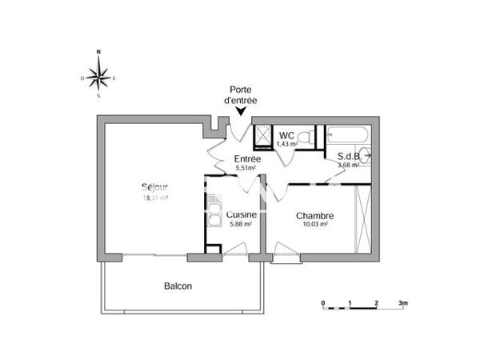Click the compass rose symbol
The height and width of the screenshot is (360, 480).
98,77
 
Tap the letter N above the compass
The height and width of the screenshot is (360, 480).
98,53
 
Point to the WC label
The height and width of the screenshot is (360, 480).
286,134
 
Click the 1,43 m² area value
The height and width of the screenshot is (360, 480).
286,144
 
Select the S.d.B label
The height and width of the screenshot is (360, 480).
347,156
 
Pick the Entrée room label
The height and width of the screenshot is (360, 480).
246,159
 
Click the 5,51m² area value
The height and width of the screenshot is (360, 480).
246,169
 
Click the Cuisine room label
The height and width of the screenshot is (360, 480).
241,214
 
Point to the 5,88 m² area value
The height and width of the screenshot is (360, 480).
240,225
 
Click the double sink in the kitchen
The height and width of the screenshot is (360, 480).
214,216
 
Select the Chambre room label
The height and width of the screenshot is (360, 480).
314,215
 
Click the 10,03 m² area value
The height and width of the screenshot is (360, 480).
314,225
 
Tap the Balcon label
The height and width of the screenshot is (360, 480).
178,286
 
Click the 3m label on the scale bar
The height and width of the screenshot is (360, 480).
403,304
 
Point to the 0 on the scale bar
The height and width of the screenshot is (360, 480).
323,304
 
